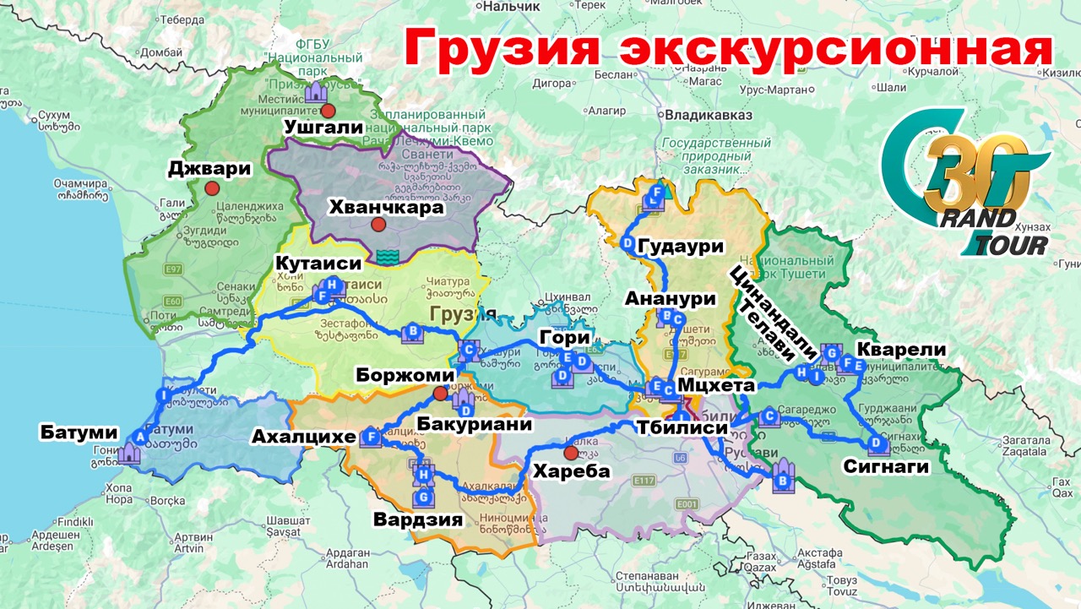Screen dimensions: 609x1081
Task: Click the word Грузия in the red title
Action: pos(502,50)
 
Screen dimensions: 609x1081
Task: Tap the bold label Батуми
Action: pos(73,433)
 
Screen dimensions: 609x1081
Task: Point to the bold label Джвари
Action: pos(209,168)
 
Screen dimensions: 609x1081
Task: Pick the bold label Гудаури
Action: pos(682,247)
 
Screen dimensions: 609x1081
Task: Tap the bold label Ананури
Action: pos(671,298)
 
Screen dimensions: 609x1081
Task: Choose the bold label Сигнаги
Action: pos(886,465)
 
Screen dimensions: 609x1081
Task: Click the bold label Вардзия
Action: pos(420,519)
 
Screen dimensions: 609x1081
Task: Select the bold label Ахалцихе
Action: pos(301,437)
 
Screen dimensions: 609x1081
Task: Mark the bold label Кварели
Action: pos(901,350)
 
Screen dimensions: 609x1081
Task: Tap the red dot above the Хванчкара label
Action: pos(378,225)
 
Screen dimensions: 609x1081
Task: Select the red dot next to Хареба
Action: pos(570,453)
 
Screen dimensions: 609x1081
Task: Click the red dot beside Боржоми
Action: pos(439,393)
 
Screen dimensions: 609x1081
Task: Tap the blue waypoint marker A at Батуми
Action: pos(139,437)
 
